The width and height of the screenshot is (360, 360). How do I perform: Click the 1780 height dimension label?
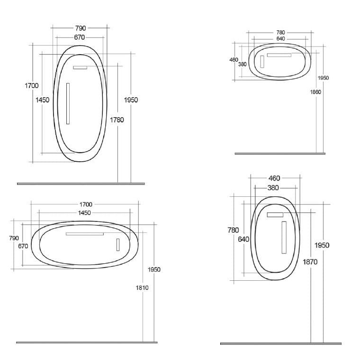pos(117,120)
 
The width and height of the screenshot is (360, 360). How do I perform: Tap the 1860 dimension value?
pos(315,92)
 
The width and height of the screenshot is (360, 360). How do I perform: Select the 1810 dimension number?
pos(142,287)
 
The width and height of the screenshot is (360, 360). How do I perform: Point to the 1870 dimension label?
pos(310,262)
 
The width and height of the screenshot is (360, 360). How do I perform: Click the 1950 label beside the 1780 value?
pos(131,100)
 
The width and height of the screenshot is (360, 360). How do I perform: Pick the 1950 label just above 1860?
pos(323,78)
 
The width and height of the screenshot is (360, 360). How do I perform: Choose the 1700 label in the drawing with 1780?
pos(32,86)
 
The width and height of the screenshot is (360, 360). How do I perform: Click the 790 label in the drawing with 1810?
pos(14,238)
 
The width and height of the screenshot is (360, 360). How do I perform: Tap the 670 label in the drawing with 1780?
pos(80,37)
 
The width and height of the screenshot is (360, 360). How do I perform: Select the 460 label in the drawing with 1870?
pos(274,178)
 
